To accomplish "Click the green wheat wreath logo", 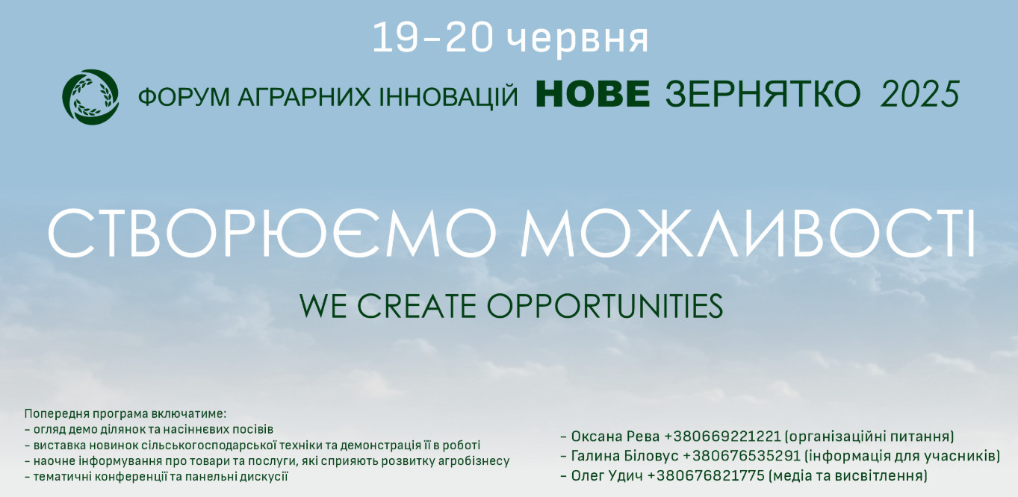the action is (x=91, y=97).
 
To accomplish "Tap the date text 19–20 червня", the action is (x=510, y=39).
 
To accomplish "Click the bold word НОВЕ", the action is (x=593, y=94).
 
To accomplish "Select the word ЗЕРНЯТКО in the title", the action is (x=763, y=94).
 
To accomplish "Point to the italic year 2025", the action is (x=920, y=94).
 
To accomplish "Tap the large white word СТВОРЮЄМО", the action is (x=272, y=232).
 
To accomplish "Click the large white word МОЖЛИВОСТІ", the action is (x=748, y=232).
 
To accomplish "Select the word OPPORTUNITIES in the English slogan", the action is (x=604, y=306).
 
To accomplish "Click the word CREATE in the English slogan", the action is (x=417, y=306).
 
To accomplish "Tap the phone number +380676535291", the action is (x=741, y=456).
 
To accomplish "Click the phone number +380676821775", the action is (x=706, y=475).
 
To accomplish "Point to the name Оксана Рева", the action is (x=615, y=436).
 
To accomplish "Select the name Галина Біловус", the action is (x=624, y=456).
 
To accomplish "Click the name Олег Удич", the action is (x=606, y=475).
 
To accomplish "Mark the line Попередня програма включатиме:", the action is (x=125, y=414).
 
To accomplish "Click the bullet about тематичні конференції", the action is (x=156, y=477).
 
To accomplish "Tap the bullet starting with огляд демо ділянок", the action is (x=149, y=429).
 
